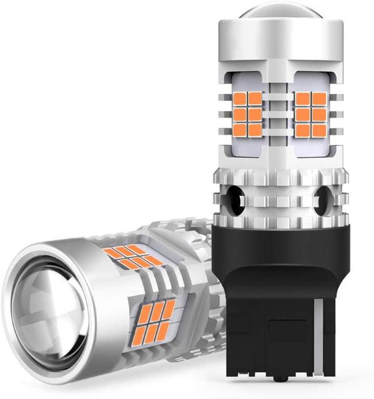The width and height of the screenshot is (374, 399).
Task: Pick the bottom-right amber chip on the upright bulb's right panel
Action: pyautogui.click(x=320, y=130)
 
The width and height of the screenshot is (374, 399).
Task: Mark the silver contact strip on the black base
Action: pyautogui.click(x=319, y=337)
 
